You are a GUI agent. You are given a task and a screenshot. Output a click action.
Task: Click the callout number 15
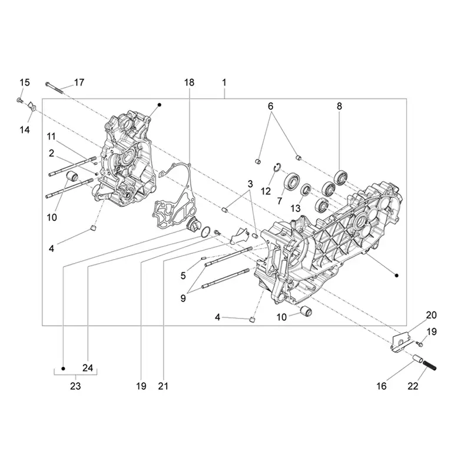click(25, 82)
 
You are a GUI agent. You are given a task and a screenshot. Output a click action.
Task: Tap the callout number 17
click(79, 82)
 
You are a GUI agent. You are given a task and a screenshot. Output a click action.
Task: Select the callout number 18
click(189, 82)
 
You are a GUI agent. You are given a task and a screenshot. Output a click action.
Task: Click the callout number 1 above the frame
click(224, 82)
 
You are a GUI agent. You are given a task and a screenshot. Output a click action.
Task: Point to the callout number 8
click(339, 106)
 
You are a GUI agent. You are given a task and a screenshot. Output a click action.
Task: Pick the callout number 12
click(266, 191)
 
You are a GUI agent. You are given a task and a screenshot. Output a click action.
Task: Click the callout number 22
click(413, 386)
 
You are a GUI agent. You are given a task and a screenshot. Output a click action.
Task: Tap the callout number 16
click(382, 386)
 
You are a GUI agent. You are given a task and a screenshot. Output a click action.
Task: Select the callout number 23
click(75, 386)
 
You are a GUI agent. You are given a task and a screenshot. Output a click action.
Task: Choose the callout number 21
click(163, 386)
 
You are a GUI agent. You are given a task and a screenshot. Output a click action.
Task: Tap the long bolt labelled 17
click(54, 87)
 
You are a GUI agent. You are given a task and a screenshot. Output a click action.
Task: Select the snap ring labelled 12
click(277, 168)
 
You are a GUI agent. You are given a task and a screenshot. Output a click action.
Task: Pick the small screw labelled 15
click(19, 100)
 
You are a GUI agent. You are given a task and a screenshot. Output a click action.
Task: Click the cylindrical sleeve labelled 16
click(416, 359)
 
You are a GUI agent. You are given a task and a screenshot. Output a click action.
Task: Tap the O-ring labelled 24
click(205, 232)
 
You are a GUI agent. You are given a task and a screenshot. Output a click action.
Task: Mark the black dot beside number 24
click(63, 369)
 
